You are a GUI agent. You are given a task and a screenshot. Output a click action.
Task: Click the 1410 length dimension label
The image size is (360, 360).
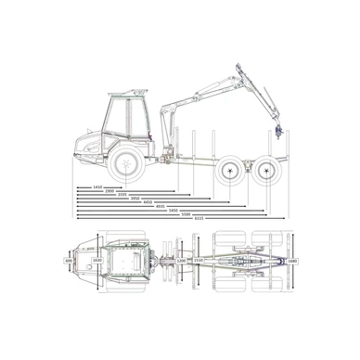click(97, 186)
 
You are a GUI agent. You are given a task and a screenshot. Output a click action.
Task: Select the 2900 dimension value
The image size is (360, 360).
click(111, 191)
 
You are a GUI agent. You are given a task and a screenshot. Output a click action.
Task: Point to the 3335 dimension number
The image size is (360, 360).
click(122, 196)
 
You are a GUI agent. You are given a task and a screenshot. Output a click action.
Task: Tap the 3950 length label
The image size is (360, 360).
click(135, 200)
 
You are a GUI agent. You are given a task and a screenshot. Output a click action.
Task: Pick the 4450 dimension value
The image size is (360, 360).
click(148, 205)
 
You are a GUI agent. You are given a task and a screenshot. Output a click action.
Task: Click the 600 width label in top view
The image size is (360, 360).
click(69, 262)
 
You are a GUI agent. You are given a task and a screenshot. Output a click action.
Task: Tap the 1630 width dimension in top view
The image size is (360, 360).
click(96, 262)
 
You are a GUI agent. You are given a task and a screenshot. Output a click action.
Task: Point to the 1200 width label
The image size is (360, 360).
click(181, 262)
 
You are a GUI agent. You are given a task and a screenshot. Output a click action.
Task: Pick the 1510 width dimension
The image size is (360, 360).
click(198, 262)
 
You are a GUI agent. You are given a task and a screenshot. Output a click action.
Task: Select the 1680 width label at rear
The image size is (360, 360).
click(292, 262)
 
